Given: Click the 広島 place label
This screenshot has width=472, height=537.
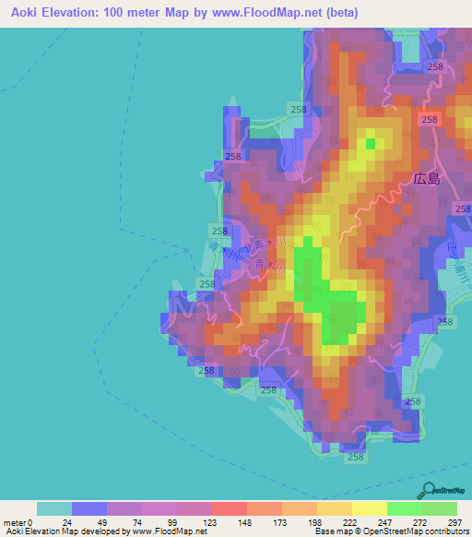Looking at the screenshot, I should click(427, 180).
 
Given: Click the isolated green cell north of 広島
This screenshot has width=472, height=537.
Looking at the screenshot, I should click(371, 143).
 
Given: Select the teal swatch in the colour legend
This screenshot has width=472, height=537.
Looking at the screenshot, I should click(54, 508).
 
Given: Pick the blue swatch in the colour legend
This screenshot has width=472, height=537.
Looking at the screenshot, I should click(89, 508).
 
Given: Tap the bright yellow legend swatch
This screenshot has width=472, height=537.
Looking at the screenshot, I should click(369, 508).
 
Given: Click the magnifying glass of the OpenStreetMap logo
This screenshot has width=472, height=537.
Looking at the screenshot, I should click(426, 490).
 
